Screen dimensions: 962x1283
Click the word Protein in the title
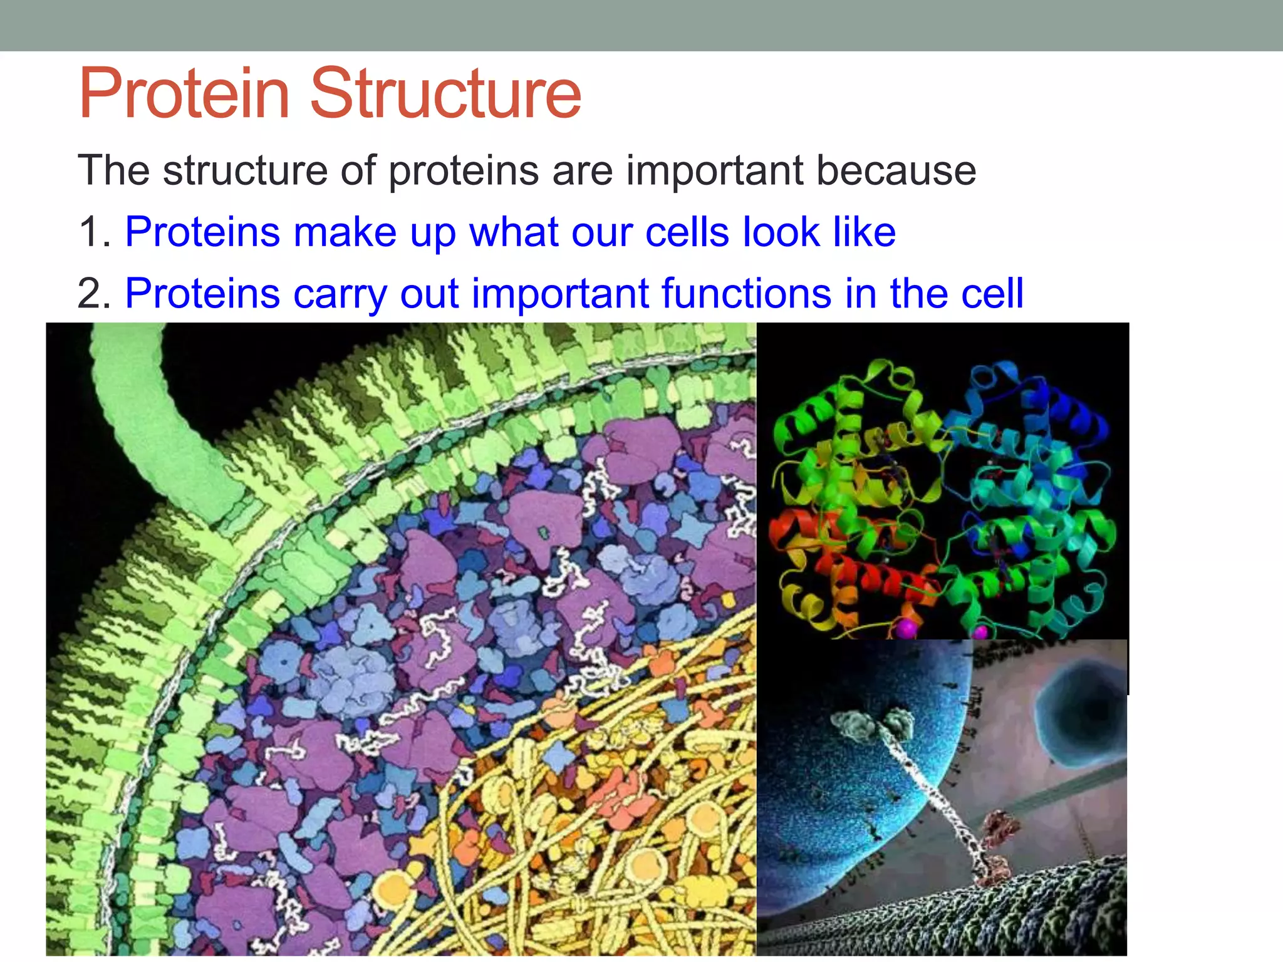click(184, 94)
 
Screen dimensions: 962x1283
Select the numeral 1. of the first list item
click(94, 232)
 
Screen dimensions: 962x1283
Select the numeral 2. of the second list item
click(94, 294)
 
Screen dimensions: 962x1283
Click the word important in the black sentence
click(714, 172)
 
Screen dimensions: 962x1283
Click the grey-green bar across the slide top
click(641, 25)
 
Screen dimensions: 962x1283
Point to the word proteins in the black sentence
click(463, 172)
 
